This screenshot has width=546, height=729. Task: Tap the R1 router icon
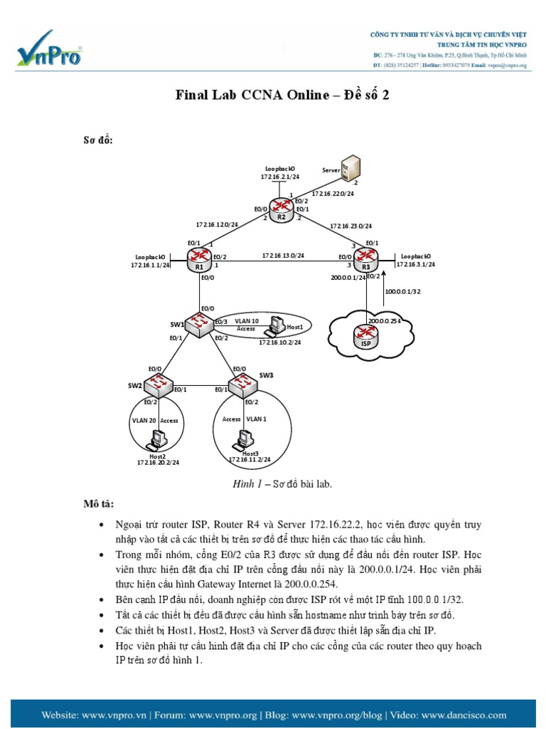coord(199,260)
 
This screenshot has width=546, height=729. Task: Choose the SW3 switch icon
coord(244,387)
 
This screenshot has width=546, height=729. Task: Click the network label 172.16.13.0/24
coord(282,255)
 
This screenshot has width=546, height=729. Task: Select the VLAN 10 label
coord(247,320)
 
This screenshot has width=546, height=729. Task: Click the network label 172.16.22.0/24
coord(333,193)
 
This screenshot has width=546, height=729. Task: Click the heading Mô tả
coord(98,504)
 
